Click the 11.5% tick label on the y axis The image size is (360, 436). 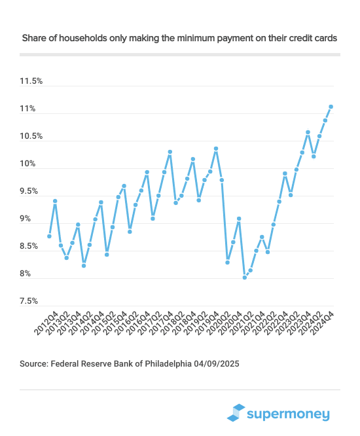[x=31, y=82]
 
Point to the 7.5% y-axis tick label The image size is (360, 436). [x=31, y=302]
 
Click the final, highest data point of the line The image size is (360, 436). [x=331, y=106]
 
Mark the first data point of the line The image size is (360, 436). [x=49, y=236]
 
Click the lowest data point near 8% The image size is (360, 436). [x=245, y=278]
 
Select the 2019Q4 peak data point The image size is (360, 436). [x=216, y=149]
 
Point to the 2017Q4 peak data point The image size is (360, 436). [x=170, y=152]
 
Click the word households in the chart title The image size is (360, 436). [x=83, y=39]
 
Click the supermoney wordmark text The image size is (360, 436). [x=289, y=413]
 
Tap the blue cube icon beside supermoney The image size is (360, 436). [x=236, y=412]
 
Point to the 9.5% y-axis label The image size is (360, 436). [x=31, y=192]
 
